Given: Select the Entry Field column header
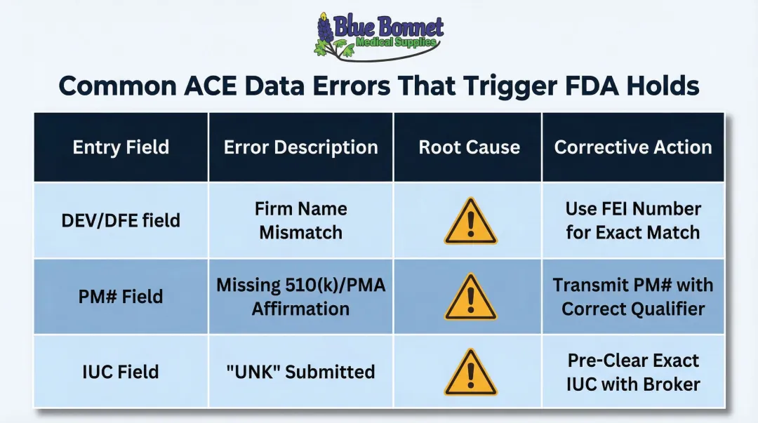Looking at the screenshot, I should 121,147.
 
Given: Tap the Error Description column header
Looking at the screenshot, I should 300,147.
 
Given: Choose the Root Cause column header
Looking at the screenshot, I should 469,147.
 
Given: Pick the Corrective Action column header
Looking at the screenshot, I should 633,147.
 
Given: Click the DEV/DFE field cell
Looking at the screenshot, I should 120,220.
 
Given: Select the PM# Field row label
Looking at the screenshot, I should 120,297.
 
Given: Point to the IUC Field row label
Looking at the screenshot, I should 120,372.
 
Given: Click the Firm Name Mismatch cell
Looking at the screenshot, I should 300,220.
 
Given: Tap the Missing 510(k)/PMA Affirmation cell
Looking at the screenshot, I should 300,297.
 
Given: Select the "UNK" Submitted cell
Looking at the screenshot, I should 300,372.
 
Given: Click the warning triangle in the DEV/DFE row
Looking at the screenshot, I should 469,222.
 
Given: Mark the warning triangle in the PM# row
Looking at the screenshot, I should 469,297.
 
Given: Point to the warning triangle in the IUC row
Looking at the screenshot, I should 469,373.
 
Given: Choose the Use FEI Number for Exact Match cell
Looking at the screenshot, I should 633,220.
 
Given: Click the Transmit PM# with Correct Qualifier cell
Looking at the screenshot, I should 633,297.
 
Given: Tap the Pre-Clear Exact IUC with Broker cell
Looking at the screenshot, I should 633,372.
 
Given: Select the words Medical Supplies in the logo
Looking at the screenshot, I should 396,43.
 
